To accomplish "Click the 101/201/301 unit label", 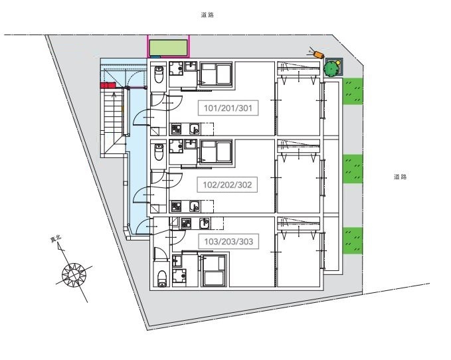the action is click(228, 108).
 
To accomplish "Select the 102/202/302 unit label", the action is click(227, 185).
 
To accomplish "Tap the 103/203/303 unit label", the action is click(228, 242).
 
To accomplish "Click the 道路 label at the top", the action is click(207, 15).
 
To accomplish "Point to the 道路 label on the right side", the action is click(400, 177).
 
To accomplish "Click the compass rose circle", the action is click(74, 274).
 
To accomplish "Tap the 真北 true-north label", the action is click(56, 239).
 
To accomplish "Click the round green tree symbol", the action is click(331, 68).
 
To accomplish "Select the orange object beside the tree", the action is click(319, 54).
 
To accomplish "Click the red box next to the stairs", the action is click(108, 85).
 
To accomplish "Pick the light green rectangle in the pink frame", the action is click(168, 47).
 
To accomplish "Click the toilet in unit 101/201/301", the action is click(159, 74).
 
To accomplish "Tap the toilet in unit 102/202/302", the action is click(159, 152).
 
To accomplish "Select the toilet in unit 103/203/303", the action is click(162, 278).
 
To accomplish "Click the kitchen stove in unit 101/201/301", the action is click(176, 129).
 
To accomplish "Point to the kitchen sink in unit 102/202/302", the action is click(195, 206).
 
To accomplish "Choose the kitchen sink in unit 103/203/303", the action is click(205, 224).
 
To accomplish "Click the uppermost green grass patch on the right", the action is click(353, 92).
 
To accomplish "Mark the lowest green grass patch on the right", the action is click(353, 240).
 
